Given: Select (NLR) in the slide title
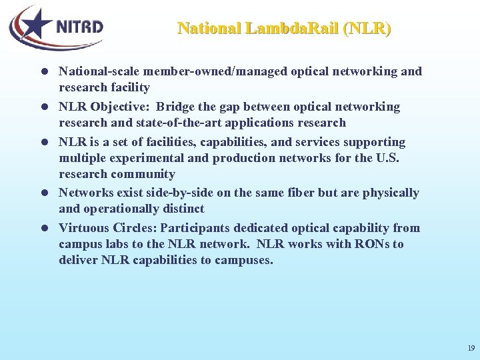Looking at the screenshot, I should pyautogui.click(x=366, y=29).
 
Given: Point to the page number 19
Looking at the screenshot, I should pyautogui.click(x=471, y=348).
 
